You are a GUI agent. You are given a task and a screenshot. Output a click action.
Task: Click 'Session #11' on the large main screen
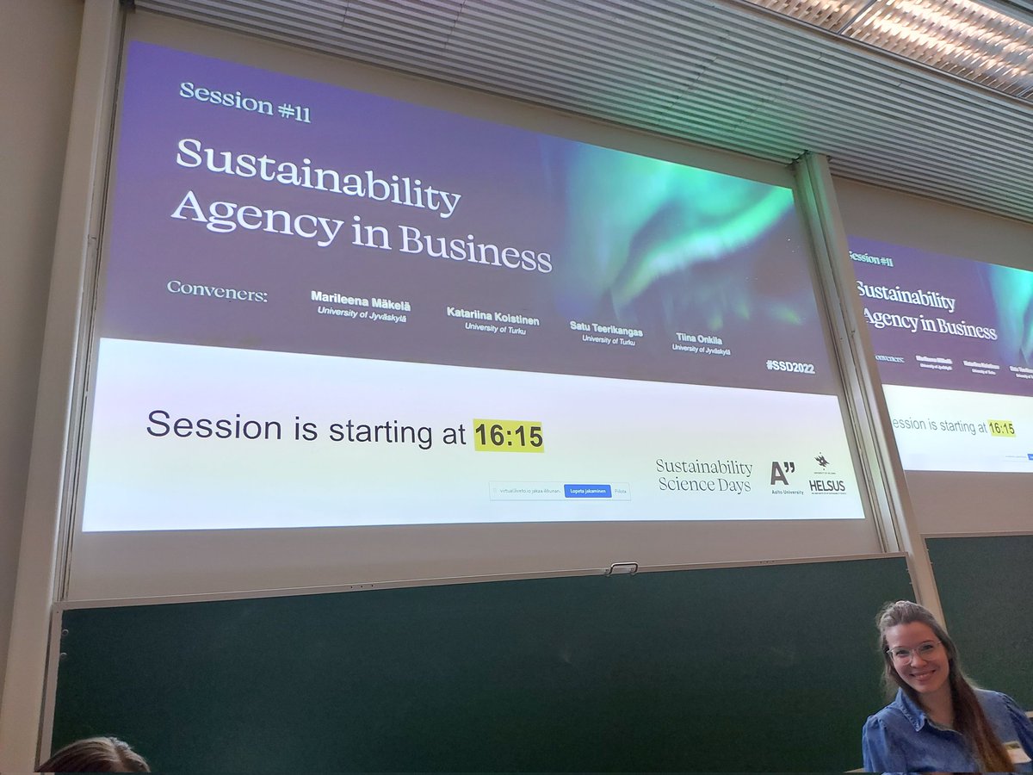tap(244, 102)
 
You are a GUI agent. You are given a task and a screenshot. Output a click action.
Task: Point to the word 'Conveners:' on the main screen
tap(217, 291)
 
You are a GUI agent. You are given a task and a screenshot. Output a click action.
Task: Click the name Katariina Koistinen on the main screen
tap(492, 314)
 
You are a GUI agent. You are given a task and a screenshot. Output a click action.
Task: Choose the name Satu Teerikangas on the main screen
tap(606, 329)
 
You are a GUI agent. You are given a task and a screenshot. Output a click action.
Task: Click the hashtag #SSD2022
tap(789, 368)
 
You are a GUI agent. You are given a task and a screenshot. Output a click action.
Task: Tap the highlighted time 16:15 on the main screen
tap(509, 437)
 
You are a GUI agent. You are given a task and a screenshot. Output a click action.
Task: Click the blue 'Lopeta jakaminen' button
tap(588, 491)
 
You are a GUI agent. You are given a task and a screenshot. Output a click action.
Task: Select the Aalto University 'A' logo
tap(782, 474)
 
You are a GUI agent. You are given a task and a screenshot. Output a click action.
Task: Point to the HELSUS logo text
tap(826, 486)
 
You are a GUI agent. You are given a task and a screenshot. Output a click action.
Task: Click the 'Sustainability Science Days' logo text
tap(703, 475)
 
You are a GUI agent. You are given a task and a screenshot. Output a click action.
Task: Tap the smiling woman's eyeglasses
tap(914, 652)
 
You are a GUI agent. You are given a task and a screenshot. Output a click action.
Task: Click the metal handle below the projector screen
tap(622, 567)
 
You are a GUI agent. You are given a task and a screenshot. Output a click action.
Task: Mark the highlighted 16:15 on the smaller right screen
tap(1000, 428)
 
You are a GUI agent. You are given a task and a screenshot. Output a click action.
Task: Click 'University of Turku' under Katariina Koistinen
tap(493, 327)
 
